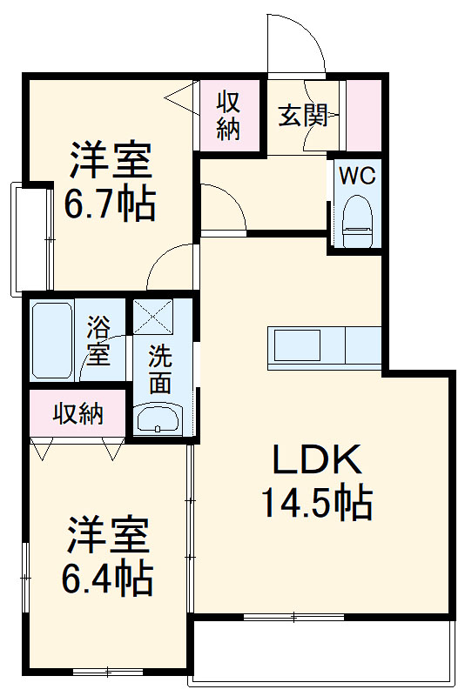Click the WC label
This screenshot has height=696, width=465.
(x=357, y=176)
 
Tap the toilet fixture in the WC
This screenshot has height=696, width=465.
(x=358, y=217)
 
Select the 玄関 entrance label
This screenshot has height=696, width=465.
(x=302, y=115)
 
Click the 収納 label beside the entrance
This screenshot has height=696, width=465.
(x=229, y=115)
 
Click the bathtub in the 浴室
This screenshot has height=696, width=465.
(x=52, y=339)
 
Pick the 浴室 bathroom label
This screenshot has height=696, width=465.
(x=98, y=341)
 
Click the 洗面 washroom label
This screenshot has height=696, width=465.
(x=159, y=369)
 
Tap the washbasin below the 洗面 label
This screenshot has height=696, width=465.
(x=158, y=419)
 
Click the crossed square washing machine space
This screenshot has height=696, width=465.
(x=153, y=318)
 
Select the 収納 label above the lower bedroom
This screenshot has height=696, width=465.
(x=78, y=413)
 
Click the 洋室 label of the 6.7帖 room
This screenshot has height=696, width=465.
(x=111, y=161)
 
